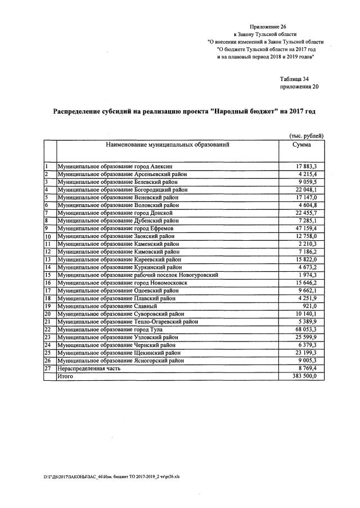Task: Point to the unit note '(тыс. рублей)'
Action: (x=306, y=136)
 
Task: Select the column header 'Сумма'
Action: (x=301, y=145)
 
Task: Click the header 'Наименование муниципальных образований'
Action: (x=167, y=145)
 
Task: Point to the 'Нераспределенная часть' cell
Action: (x=91, y=368)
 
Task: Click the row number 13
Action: (x=48, y=259)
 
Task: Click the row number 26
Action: (x=48, y=361)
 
